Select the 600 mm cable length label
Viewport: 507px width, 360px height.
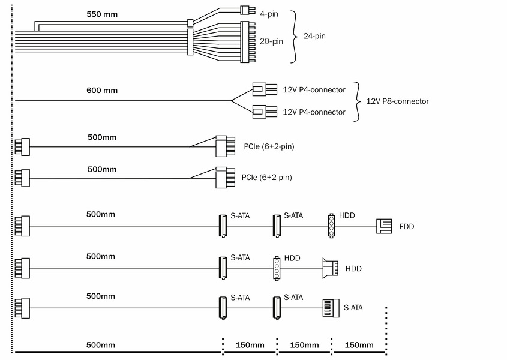(103, 91)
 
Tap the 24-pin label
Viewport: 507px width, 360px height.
(314, 36)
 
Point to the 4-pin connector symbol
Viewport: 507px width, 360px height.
(244, 10)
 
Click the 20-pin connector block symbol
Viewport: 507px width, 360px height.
(248, 42)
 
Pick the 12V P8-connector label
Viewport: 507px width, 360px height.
(397, 101)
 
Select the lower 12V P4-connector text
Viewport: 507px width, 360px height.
(314, 112)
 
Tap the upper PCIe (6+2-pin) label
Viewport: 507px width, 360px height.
(269, 146)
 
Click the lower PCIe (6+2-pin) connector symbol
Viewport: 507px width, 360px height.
(224, 178)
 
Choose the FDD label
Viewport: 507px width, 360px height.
(407, 227)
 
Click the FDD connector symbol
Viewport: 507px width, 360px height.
(383, 226)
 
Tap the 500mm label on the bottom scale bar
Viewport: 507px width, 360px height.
(101, 345)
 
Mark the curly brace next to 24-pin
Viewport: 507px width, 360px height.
(294, 36)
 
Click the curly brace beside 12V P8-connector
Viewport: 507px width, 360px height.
(358, 101)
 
